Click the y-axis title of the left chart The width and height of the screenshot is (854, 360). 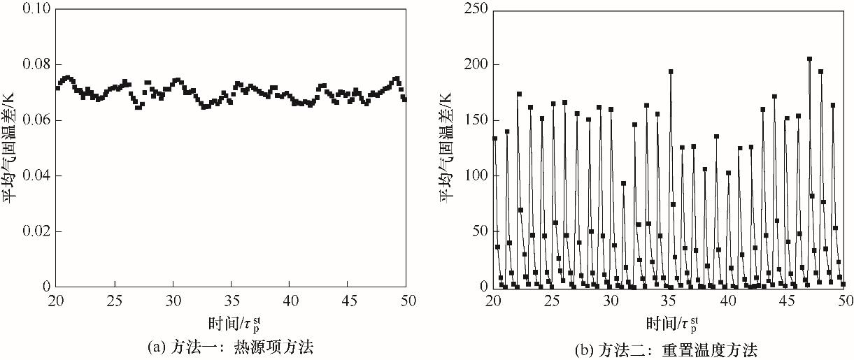click(11, 147)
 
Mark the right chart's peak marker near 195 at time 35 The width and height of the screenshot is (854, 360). click(671, 71)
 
